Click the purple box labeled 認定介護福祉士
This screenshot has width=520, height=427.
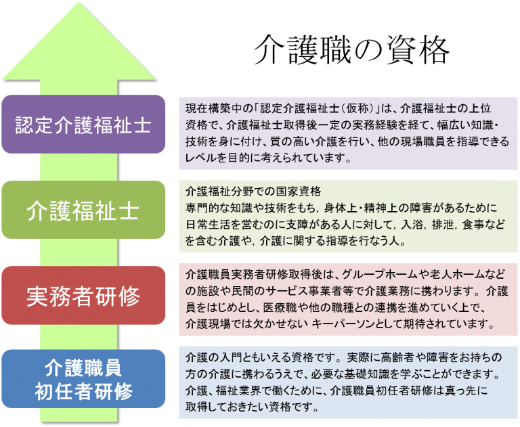pyautogui.click(x=83, y=125)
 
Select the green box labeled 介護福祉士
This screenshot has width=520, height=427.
pyautogui.click(x=83, y=210)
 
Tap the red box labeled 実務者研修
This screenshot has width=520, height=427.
pyautogui.click(x=83, y=296)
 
